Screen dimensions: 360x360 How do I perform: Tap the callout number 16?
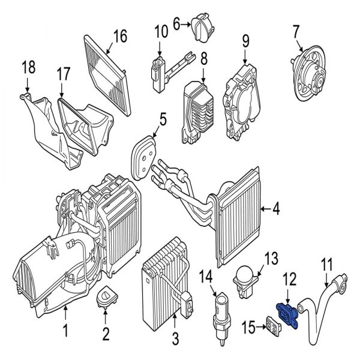120,36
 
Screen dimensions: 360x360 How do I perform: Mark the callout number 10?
161,30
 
